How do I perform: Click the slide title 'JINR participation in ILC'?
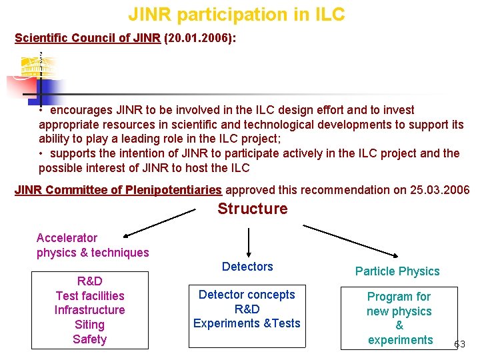[x=237, y=14]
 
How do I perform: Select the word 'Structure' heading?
[x=253, y=209]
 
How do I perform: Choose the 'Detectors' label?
[x=247, y=267]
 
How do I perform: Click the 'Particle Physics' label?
[x=397, y=271]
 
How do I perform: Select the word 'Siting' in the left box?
[x=89, y=325]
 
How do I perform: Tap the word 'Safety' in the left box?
[x=89, y=339]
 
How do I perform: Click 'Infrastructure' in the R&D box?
[x=89, y=310]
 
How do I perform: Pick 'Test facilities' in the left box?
[x=89, y=295]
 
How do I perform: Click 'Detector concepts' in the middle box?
[x=247, y=295]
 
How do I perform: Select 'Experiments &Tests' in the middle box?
[x=247, y=323]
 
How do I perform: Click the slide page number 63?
[x=459, y=345]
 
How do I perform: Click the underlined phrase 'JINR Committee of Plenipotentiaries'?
[x=118, y=190]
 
